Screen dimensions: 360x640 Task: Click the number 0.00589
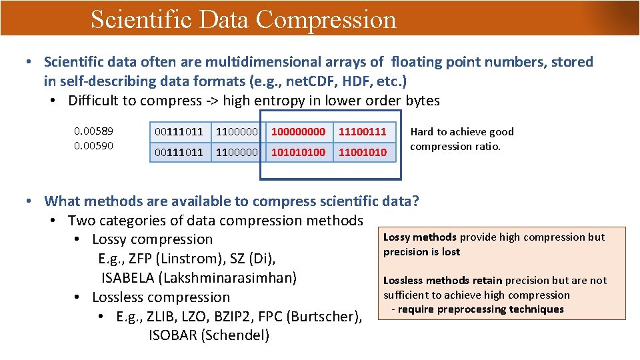(93, 131)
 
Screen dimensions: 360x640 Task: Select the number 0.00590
(93, 145)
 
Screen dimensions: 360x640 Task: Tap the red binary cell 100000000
(298, 132)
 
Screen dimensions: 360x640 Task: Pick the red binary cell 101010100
(298, 153)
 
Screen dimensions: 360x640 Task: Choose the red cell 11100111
(362, 132)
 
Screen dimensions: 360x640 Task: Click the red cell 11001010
(362, 153)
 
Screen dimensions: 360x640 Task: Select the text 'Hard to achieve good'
(462, 132)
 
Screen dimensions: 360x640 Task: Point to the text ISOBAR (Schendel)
(209, 335)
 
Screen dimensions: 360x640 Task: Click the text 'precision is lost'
(421, 252)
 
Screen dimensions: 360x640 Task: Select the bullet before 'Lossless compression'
(78, 297)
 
